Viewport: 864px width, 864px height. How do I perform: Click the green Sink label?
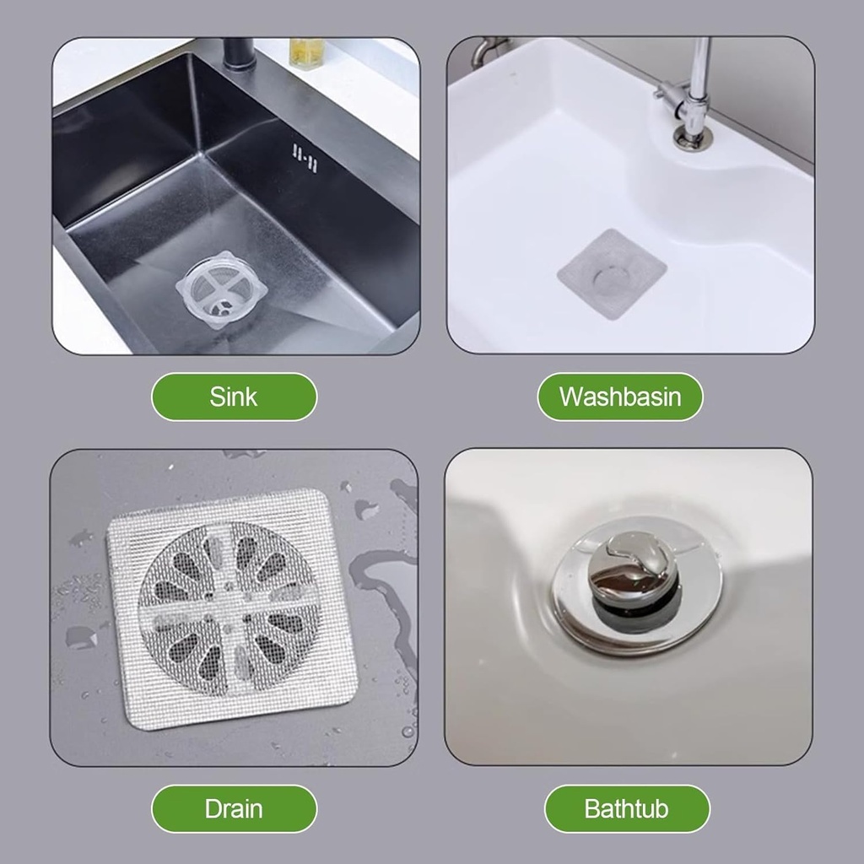234,397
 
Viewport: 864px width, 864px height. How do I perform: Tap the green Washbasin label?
620,397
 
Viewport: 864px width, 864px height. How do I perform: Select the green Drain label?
234,809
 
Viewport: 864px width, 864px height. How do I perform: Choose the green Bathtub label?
627,809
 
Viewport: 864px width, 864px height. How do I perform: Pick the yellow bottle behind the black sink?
302,52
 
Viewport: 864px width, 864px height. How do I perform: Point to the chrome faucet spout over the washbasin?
699,67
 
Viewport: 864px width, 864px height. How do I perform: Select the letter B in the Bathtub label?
592,809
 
